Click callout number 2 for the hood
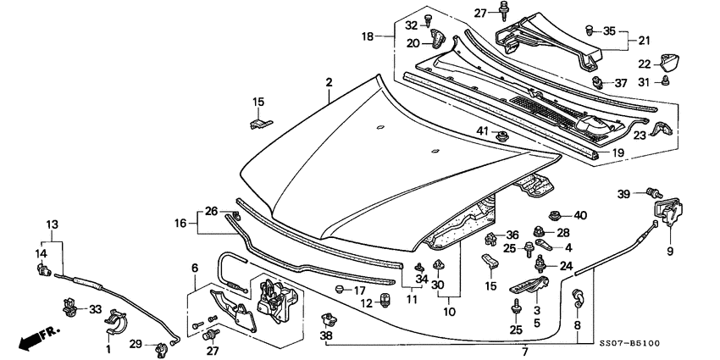click(329, 82)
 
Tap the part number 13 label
click(53, 224)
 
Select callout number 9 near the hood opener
click(668, 250)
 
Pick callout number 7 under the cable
click(524, 351)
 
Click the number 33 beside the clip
click(95, 308)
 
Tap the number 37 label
click(620, 83)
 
